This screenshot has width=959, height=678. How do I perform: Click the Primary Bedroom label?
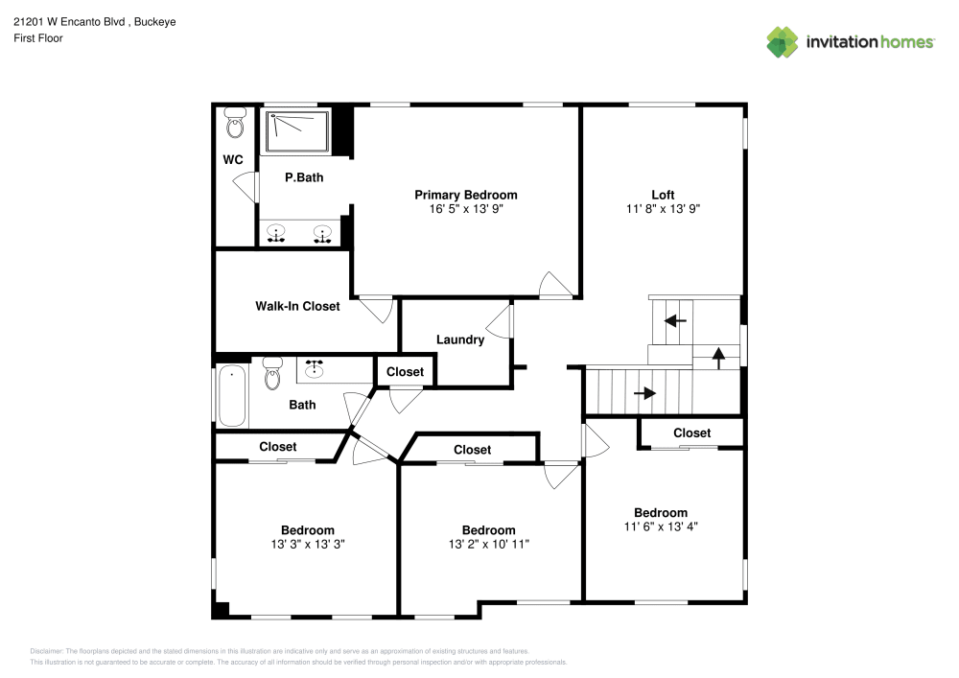[466, 195]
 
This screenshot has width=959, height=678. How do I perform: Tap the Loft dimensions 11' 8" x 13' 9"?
[663, 208]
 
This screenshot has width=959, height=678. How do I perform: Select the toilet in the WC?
[235, 123]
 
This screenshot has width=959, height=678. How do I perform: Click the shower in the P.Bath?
[298, 131]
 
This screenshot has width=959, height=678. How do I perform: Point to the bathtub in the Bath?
[232, 396]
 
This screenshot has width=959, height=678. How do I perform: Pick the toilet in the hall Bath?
[272, 374]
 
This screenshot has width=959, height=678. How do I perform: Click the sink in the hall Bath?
[315, 368]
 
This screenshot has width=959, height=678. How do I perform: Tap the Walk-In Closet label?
[297, 306]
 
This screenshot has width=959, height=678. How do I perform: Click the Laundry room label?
[460, 339]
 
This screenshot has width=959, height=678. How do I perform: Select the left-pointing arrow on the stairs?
[675, 320]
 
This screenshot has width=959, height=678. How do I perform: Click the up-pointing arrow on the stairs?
[718, 358]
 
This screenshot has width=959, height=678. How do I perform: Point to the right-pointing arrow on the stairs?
[645, 393]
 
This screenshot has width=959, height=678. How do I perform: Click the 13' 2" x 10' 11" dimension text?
[489, 544]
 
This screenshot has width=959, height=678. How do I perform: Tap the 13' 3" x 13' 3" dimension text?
[308, 544]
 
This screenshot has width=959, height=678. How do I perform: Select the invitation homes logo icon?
[783, 42]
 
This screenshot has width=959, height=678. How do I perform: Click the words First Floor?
[38, 38]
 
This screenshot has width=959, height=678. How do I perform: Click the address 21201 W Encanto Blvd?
[69, 21]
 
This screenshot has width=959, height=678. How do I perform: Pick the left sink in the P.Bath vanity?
[276, 234]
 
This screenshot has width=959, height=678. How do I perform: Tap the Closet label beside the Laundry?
[405, 372]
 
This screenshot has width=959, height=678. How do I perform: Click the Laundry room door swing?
[499, 321]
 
